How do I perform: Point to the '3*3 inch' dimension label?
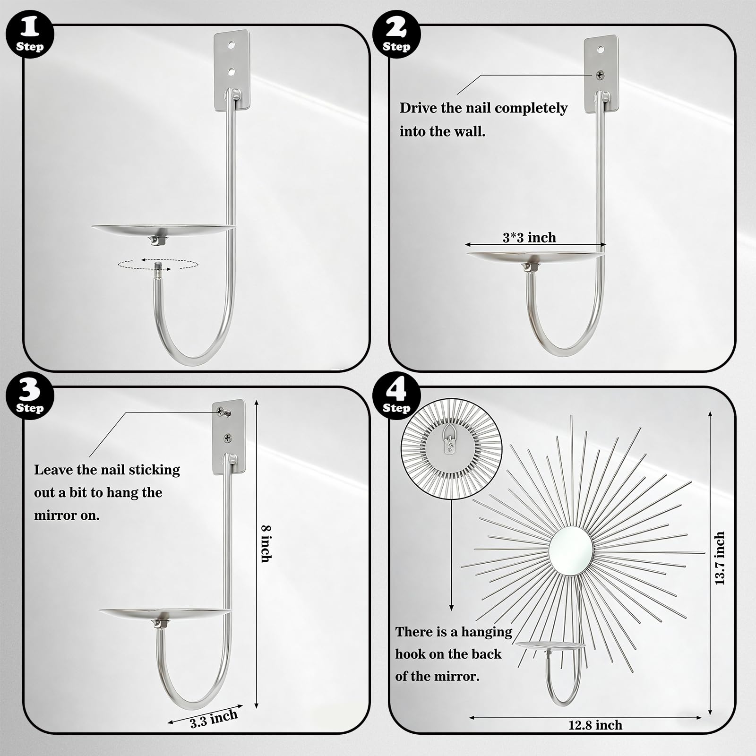pos(529,237)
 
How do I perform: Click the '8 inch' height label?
pos(266,544)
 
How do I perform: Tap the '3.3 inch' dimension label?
pos(214,720)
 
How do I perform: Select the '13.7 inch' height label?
pos(720,558)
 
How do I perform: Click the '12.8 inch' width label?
pos(595,725)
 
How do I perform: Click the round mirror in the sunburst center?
pos(571,550)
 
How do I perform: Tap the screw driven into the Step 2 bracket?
pos(600,75)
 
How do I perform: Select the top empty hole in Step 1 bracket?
pos(231,45)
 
